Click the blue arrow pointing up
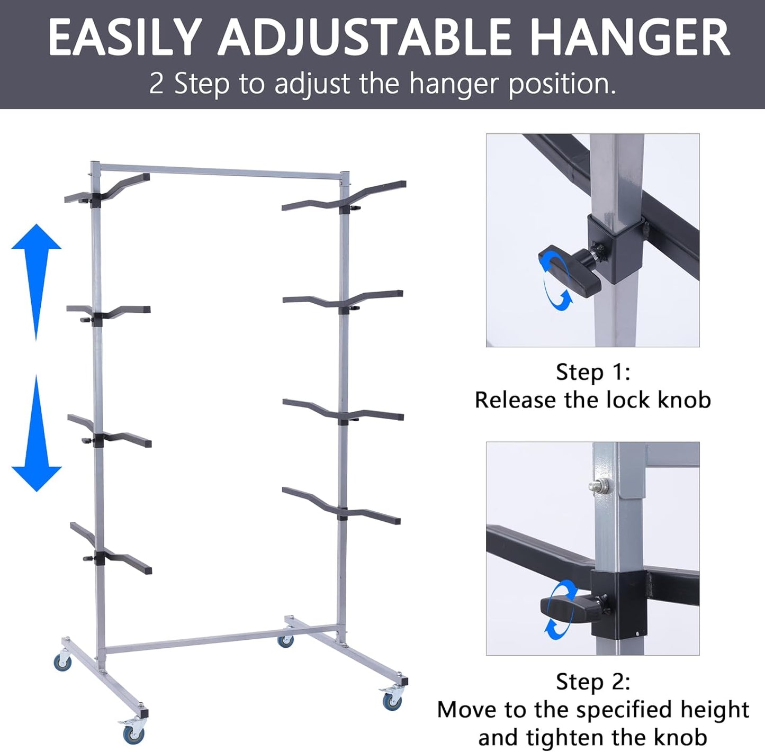pos(36,275)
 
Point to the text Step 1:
pos(593,372)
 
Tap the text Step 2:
pos(593,682)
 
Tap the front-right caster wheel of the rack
pos(392,701)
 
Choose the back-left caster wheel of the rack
pos(63,662)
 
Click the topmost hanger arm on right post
pos(344,198)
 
